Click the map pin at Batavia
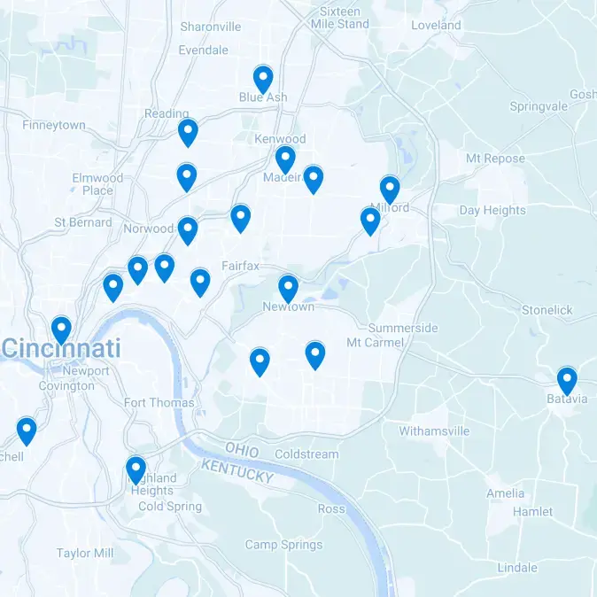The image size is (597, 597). tap(567, 381)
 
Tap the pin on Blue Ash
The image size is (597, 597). tap(262, 80)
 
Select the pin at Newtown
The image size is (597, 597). tap(288, 289)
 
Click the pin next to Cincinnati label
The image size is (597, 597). tap(61, 330)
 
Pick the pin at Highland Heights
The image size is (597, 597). tap(136, 469)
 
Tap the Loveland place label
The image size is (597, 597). tap(436, 26)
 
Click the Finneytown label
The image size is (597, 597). tap(54, 126)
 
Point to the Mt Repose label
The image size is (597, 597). tap(495, 159)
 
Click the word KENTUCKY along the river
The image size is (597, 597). tap(236, 470)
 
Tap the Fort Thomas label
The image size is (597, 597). tap(159, 403)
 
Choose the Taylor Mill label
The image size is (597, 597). tap(85, 553)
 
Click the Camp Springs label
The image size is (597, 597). tap(283, 545)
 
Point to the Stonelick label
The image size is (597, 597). tap(547, 311)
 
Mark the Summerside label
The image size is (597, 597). tap(402, 328)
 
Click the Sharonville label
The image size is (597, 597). tap(210, 27)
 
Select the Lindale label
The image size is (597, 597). tap(516, 568)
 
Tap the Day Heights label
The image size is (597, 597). tap(492, 211)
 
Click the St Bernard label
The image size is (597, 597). tap(83, 222)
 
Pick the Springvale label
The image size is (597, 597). tap(539, 106)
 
